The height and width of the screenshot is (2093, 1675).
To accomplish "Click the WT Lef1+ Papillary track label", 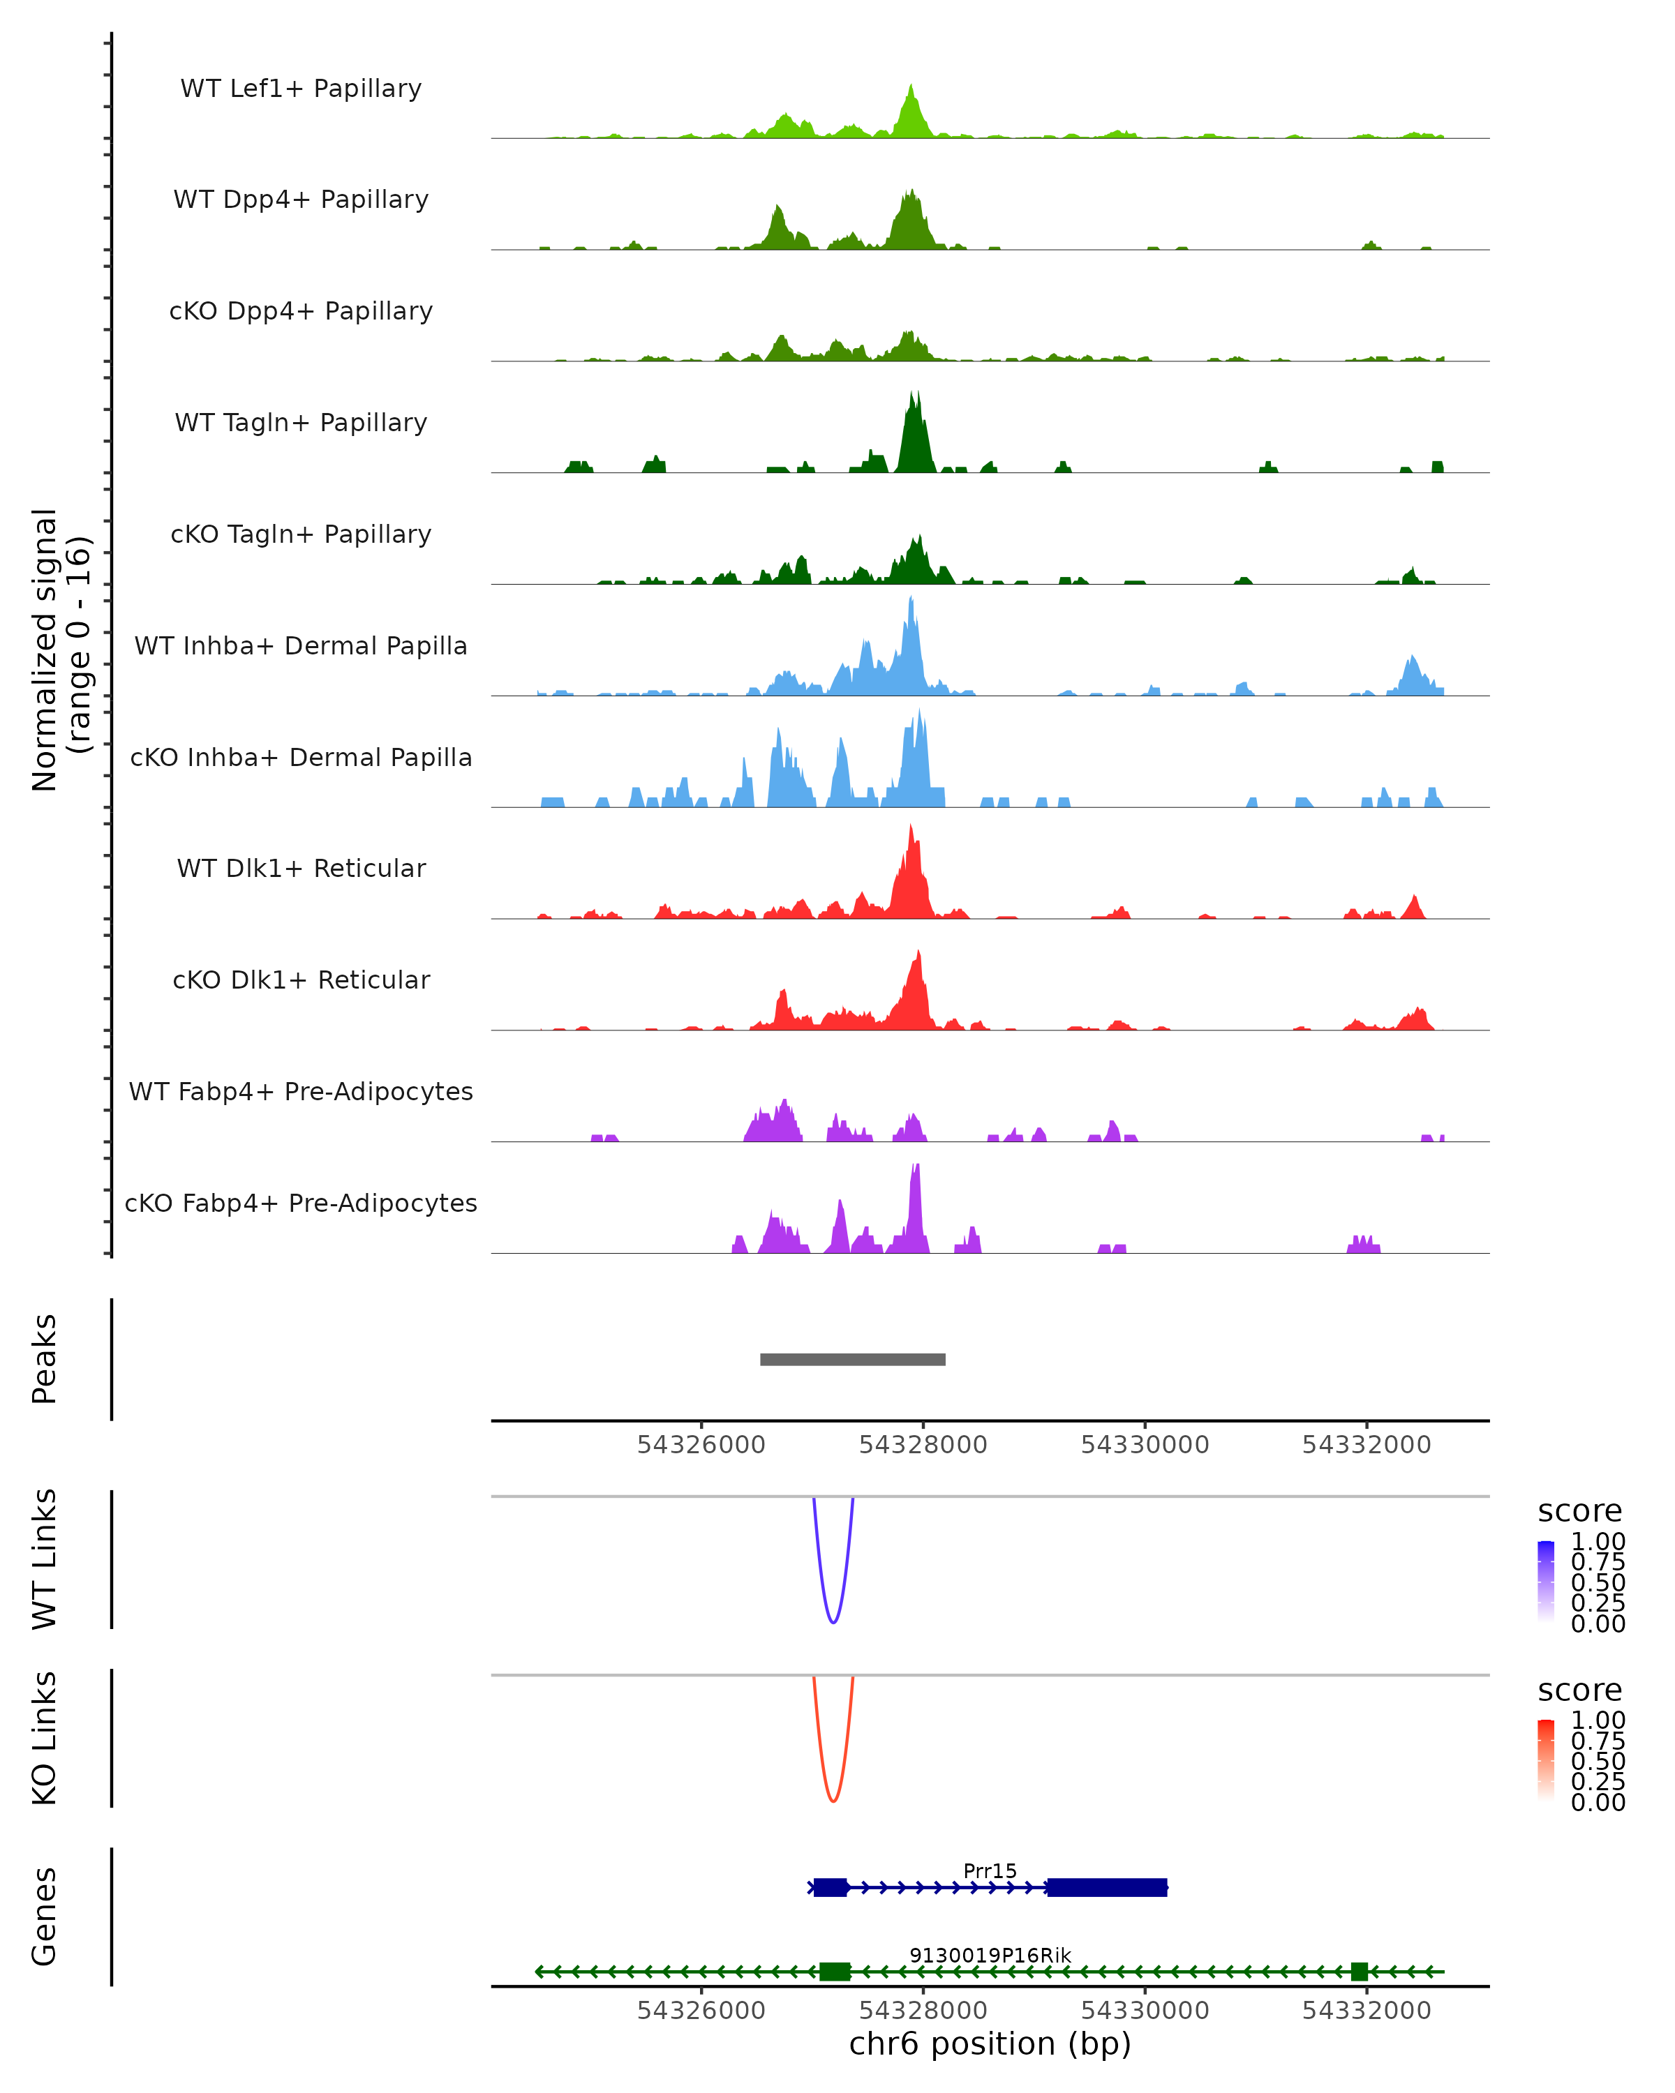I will pos(301,89).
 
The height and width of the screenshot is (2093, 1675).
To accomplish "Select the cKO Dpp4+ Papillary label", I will pos(301,310).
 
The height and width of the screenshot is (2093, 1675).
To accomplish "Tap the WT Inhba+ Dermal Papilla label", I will pos(301,645).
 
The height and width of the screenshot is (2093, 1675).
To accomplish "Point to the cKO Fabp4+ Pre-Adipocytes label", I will pos(301,1203).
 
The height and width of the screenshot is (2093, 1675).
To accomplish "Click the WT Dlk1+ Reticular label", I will pos(301,868).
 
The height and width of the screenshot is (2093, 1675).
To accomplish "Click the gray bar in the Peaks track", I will pos(853,1359).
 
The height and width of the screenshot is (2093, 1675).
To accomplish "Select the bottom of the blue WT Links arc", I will pos(833,1621).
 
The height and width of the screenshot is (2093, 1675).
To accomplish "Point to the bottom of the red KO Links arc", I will pos(833,1801).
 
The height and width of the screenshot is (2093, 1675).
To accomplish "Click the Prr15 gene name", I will pos(990,1870).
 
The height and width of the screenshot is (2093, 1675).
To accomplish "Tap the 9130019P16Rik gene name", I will pos(990,1955).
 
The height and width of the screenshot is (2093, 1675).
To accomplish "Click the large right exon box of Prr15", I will pos(1107,1887).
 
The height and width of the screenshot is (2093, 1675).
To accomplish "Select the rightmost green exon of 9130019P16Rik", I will pos(1360,1972).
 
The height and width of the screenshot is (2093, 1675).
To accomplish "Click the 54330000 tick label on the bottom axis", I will pos(1145,2011).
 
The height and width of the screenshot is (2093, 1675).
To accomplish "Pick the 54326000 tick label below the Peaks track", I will pos(701,1445).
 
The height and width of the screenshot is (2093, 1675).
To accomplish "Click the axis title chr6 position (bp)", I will pos(990,2044).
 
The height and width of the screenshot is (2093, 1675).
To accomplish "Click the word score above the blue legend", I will pos(1580,1512).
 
